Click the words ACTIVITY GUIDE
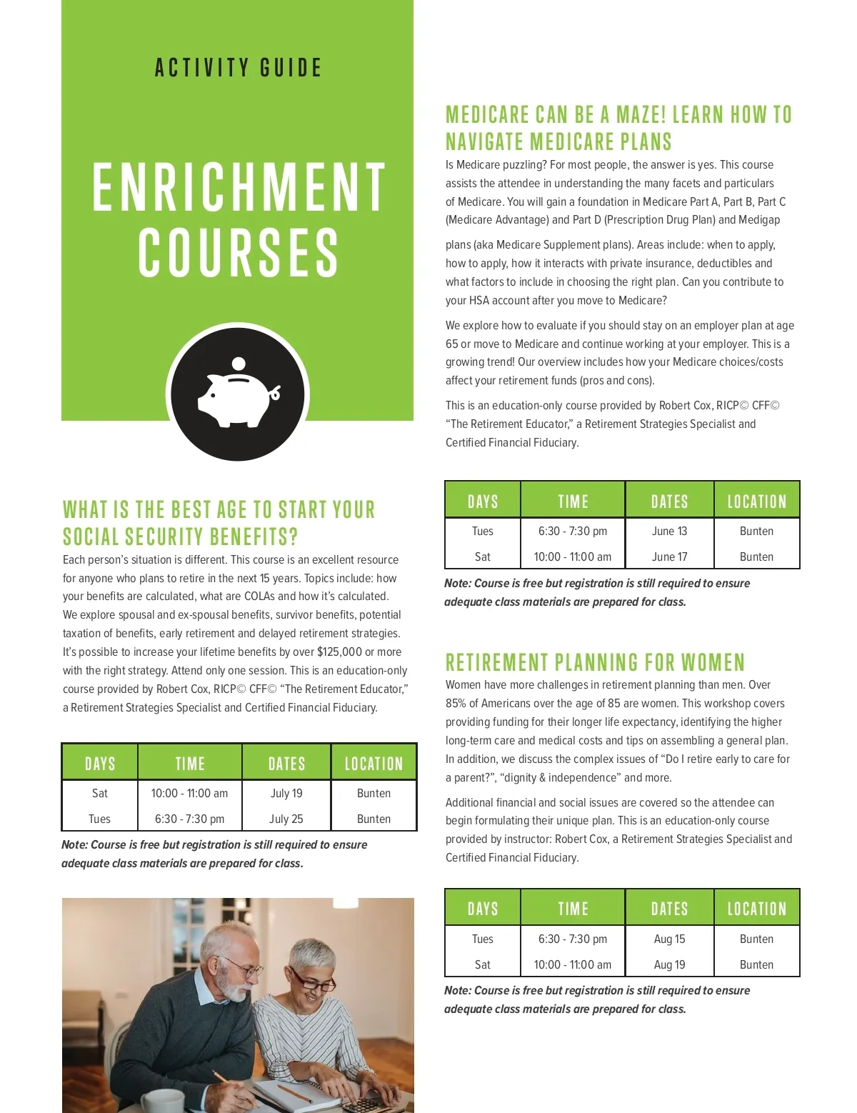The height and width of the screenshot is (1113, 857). click(x=239, y=68)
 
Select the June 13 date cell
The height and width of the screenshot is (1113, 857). click(x=669, y=531)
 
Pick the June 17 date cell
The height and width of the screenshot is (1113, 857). click(x=669, y=556)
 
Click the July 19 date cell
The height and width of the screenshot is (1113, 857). click(x=286, y=793)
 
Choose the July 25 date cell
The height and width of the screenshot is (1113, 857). click(x=286, y=819)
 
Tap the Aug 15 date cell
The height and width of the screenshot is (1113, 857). click(x=669, y=939)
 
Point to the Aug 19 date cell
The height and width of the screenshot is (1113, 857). click(x=669, y=964)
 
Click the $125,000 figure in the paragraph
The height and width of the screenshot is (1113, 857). click(x=339, y=652)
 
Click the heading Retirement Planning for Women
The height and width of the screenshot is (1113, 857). click(x=595, y=662)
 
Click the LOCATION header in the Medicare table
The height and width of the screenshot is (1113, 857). click(x=756, y=501)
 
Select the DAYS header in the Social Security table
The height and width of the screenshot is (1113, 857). click(x=100, y=764)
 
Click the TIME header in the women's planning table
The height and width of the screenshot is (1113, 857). click(x=573, y=909)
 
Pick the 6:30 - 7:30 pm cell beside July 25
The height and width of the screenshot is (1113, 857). click(x=189, y=819)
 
